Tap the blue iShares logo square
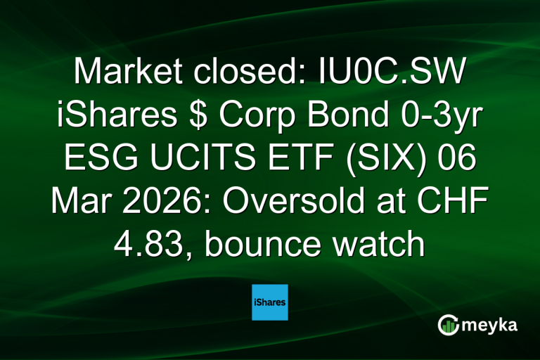270,302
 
